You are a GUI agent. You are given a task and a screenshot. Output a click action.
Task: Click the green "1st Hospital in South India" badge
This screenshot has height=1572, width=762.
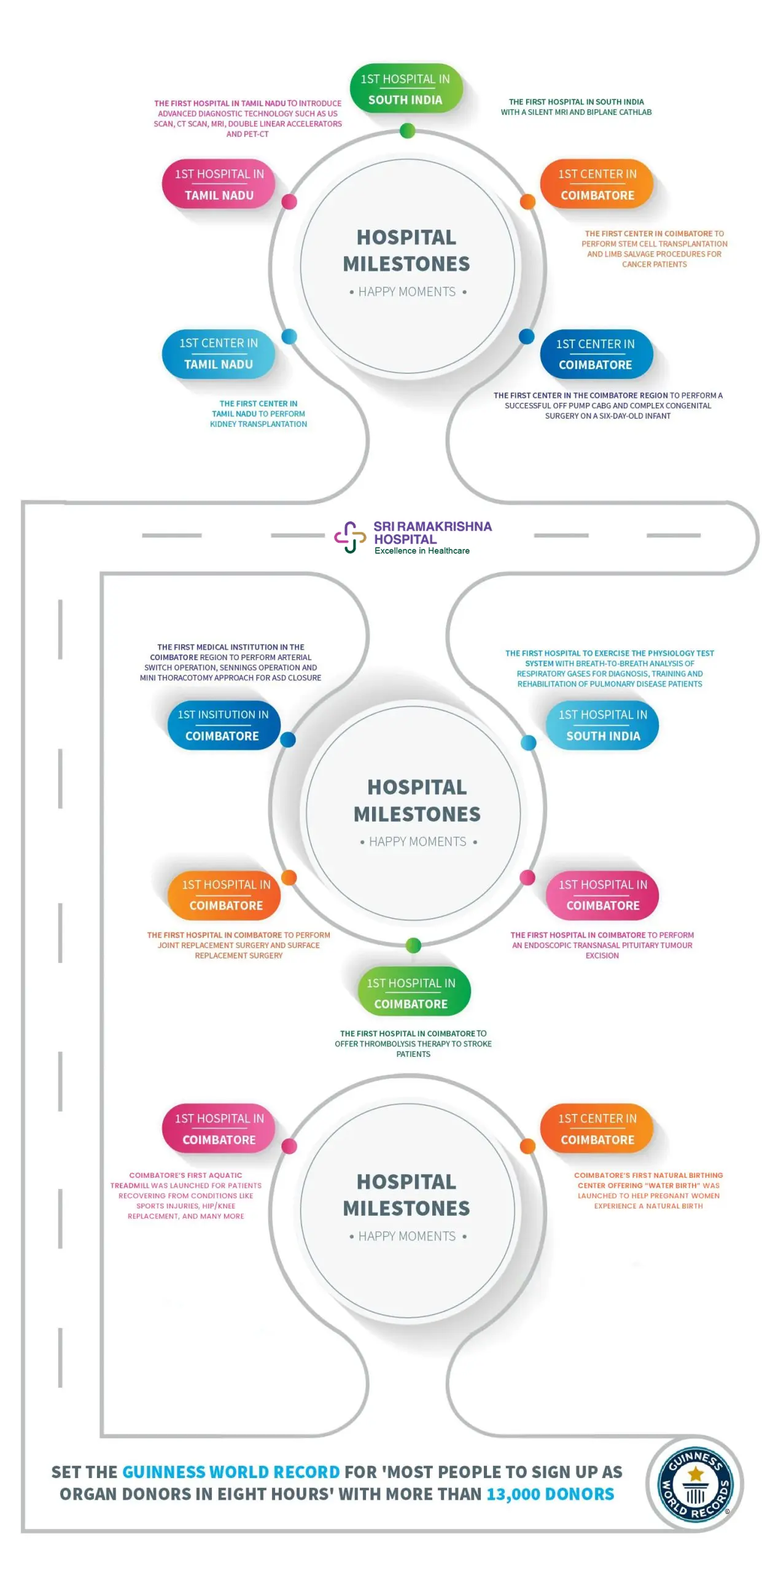[x=405, y=88]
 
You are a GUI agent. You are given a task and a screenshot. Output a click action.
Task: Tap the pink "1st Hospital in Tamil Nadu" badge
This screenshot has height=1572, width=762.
[x=219, y=184]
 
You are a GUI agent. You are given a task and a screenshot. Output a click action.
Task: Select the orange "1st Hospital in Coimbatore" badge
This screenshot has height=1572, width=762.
[x=225, y=894]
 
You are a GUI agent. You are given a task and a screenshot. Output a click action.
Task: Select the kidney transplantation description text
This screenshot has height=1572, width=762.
[x=258, y=413]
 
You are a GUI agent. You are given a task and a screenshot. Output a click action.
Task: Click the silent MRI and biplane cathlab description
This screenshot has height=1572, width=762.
[x=575, y=107]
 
